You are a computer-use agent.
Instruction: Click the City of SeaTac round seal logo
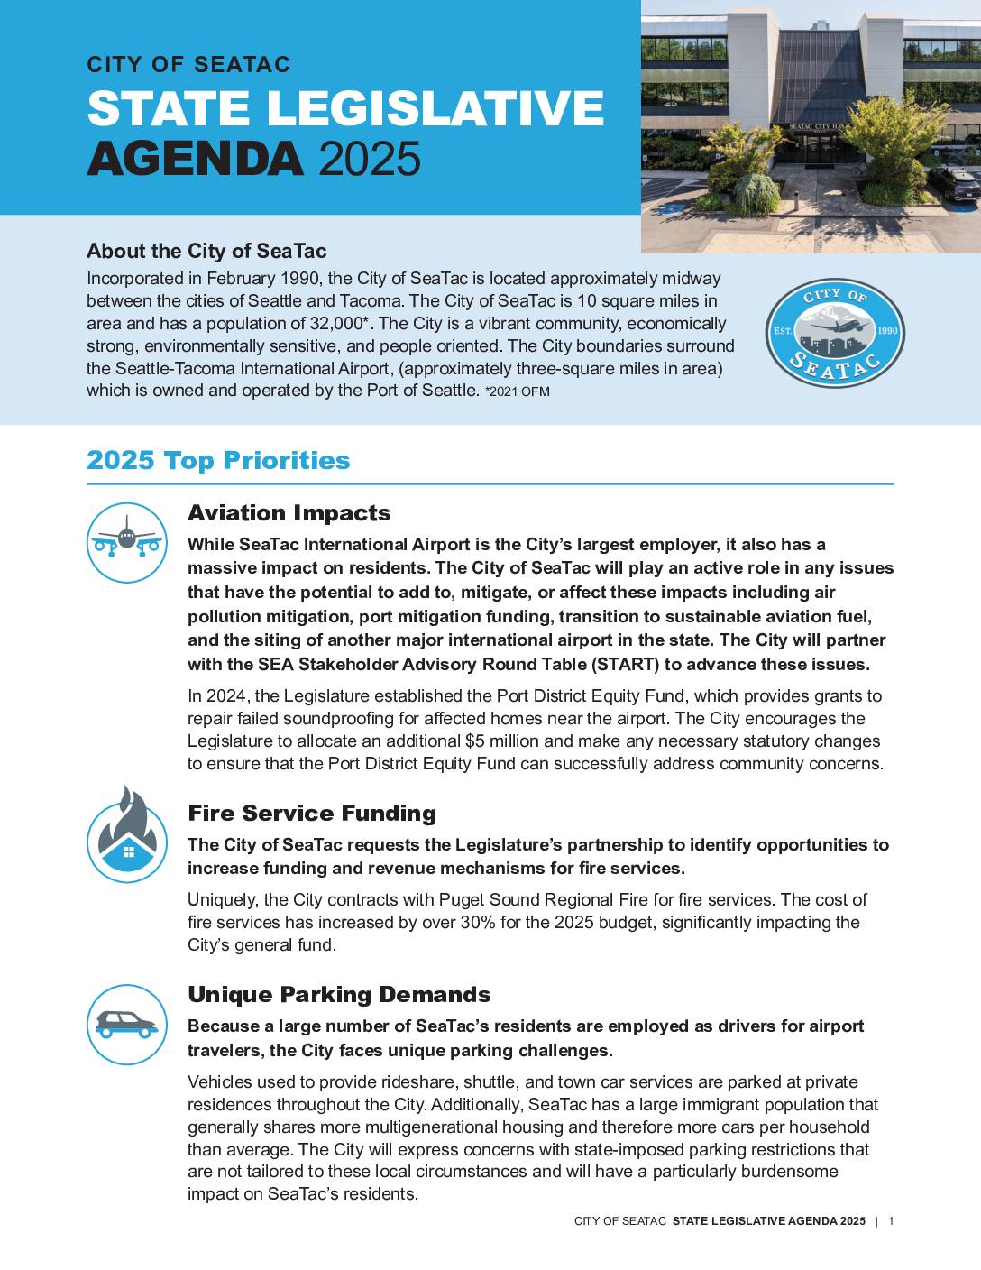point(834,333)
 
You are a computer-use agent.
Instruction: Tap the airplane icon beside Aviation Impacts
point(127,542)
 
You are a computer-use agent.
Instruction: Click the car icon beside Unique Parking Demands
point(127,1024)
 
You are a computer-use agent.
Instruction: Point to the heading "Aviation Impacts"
point(289,513)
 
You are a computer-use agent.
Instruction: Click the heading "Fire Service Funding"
point(311,814)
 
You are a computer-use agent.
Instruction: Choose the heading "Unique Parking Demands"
point(339,995)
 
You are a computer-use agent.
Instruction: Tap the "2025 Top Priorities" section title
point(218,460)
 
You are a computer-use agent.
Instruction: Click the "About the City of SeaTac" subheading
point(206,251)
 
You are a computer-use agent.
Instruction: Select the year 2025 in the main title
point(370,159)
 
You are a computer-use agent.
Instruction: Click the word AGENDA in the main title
point(195,159)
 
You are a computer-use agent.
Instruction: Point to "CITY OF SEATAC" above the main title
point(188,65)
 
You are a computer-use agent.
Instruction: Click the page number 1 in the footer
point(891,1221)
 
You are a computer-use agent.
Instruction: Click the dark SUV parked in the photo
point(954,184)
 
